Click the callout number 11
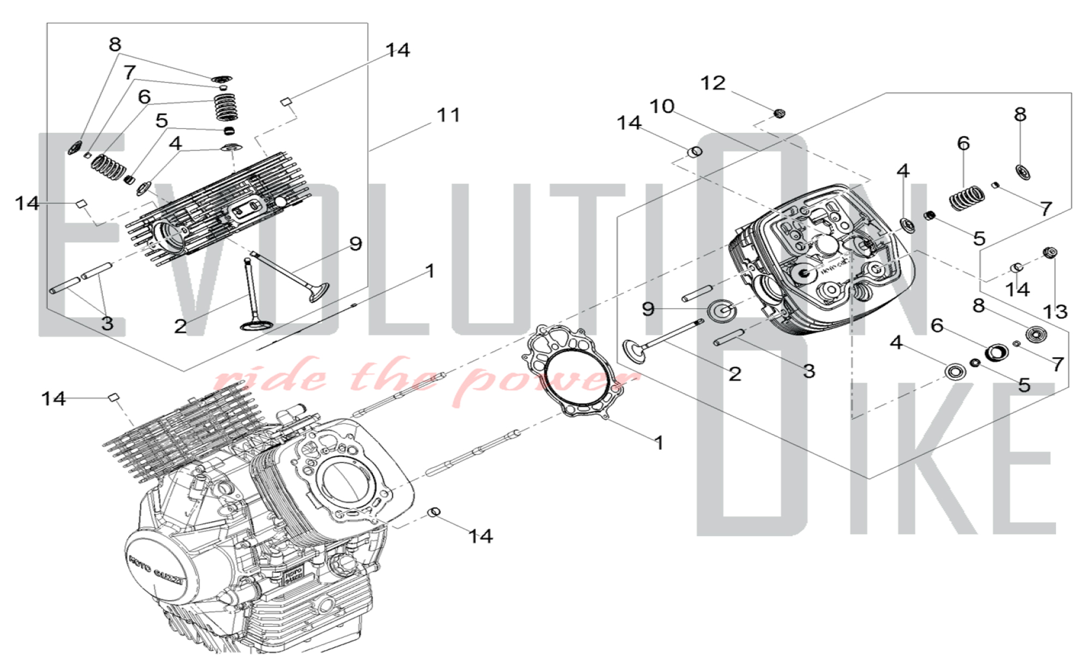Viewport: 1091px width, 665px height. pyautogui.click(x=448, y=115)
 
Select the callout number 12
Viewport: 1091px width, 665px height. pyautogui.click(x=713, y=83)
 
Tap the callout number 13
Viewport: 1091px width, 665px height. pyautogui.click(x=1055, y=312)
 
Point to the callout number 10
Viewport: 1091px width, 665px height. pyautogui.click(x=662, y=106)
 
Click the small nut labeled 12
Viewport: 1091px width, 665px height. pyautogui.click(x=780, y=113)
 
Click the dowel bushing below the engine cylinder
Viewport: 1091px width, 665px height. pyautogui.click(x=434, y=512)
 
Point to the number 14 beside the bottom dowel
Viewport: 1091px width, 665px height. pyautogui.click(x=481, y=536)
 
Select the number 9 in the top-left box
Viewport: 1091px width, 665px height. pyautogui.click(x=356, y=244)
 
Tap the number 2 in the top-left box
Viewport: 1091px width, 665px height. pyautogui.click(x=181, y=327)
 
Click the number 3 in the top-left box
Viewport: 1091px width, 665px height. pyautogui.click(x=107, y=323)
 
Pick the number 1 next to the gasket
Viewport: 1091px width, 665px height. pyautogui.click(x=659, y=443)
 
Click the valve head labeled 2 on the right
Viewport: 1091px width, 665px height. pyautogui.click(x=634, y=350)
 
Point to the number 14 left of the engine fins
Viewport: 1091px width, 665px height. pyautogui.click(x=53, y=398)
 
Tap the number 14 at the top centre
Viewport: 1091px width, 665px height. pyautogui.click(x=398, y=50)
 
